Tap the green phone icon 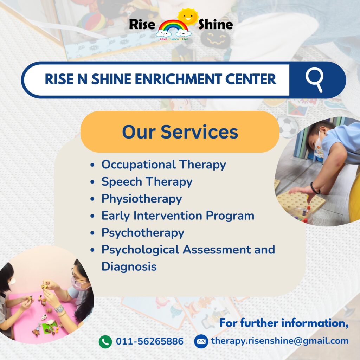105,342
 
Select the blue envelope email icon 201,341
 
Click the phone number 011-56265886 150,341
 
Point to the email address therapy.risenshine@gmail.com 279,341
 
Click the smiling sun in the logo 188,17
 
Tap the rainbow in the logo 173,28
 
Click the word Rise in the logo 142,24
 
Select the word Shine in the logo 216,24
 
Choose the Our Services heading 180,132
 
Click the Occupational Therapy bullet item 164,165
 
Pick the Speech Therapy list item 147,182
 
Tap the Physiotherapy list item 142,199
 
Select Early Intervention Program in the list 178,216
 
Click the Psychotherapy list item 143,233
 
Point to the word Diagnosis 129,267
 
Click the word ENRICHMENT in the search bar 178,79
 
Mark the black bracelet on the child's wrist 315,188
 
